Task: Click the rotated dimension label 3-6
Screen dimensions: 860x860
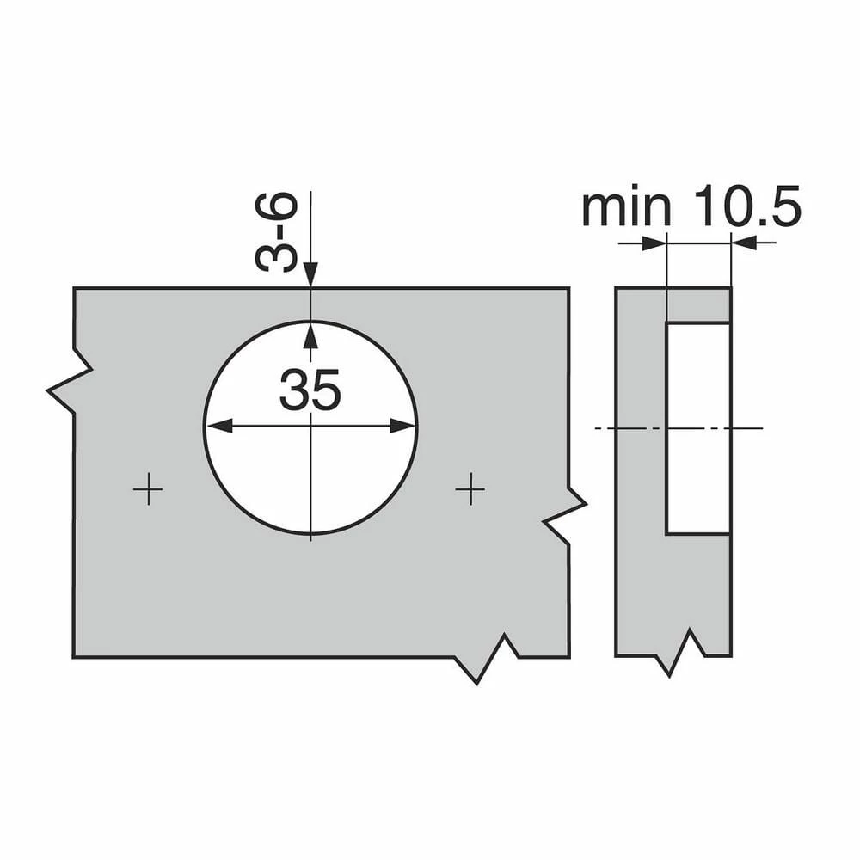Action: click(277, 232)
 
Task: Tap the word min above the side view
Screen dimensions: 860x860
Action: click(626, 207)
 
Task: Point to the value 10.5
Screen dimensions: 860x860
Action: click(747, 207)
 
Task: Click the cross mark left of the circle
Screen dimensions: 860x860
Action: click(148, 489)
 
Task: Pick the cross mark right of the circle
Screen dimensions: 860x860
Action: click(470, 489)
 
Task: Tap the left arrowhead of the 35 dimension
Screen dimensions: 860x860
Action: click(214, 426)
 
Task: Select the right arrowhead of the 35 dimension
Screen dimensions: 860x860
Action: click(407, 426)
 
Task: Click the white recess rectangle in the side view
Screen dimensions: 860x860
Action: click(697, 427)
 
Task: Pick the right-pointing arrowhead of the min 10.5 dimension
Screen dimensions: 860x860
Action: click(656, 243)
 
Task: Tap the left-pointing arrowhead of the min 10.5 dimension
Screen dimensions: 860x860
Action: click(742, 243)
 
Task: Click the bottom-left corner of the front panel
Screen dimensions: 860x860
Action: click(74, 657)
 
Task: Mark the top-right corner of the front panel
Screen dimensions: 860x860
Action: click(568, 288)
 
